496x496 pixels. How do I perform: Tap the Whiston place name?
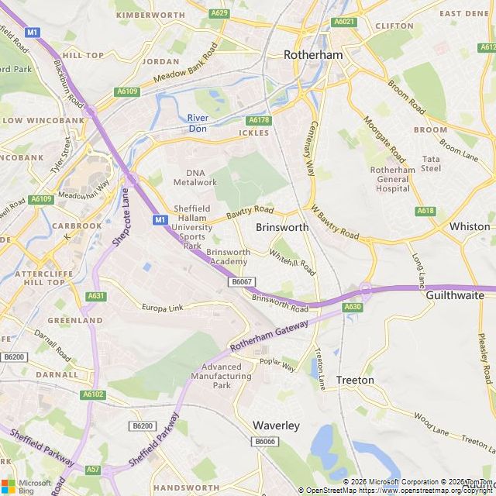[x=470, y=226]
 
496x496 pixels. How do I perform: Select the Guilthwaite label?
[x=455, y=295]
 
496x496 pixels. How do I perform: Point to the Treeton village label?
[x=355, y=381]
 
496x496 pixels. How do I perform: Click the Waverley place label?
[x=276, y=425]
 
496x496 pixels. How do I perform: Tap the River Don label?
[x=198, y=123]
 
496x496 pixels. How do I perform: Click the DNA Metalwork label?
[x=195, y=177]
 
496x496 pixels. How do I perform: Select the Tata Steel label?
[x=431, y=164]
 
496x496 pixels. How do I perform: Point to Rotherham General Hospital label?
[x=392, y=179]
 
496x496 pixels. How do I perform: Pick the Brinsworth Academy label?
[x=228, y=257]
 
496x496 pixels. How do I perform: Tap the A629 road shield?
[x=219, y=13]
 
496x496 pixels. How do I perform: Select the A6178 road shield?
[x=258, y=120]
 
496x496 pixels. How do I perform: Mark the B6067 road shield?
[x=241, y=281]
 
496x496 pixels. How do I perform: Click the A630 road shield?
[x=353, y=307]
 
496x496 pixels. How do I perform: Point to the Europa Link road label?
[x=163, y=308]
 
